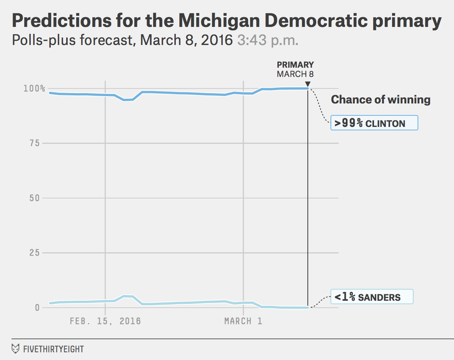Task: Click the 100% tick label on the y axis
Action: (34, 88)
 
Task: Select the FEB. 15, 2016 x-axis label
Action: (105, 321)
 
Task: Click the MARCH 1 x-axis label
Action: (243, 321)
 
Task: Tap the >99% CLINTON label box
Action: (374, 123)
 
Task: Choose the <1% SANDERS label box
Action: (372, 297)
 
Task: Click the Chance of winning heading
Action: (381, 100)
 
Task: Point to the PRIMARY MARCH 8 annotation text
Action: (295, 69)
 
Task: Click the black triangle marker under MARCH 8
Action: (307, 84)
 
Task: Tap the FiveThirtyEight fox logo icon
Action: (16, 349)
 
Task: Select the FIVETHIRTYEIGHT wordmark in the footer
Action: (53, 349)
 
